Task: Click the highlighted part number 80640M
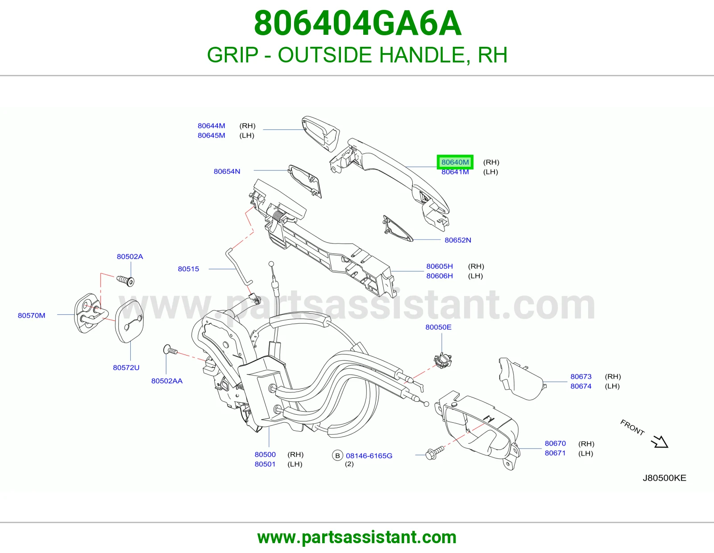(455, 162)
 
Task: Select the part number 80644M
(211, 126)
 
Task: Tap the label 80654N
(227, 171)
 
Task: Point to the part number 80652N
(458, 240)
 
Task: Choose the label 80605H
(439, 266)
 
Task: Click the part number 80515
(188, 269)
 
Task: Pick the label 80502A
(130, 256)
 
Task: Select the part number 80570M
(32, 316)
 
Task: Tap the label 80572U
(126, 367)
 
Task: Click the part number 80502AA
(166, 381)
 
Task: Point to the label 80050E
(438, 327)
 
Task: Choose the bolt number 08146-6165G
(369, 456)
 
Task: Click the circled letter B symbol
(337, 455)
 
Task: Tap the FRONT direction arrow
(660, 441)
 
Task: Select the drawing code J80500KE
(664, 478)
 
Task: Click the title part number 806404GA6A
(357, 23)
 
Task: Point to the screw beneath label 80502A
(125, 281)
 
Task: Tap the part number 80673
(581, 377)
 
